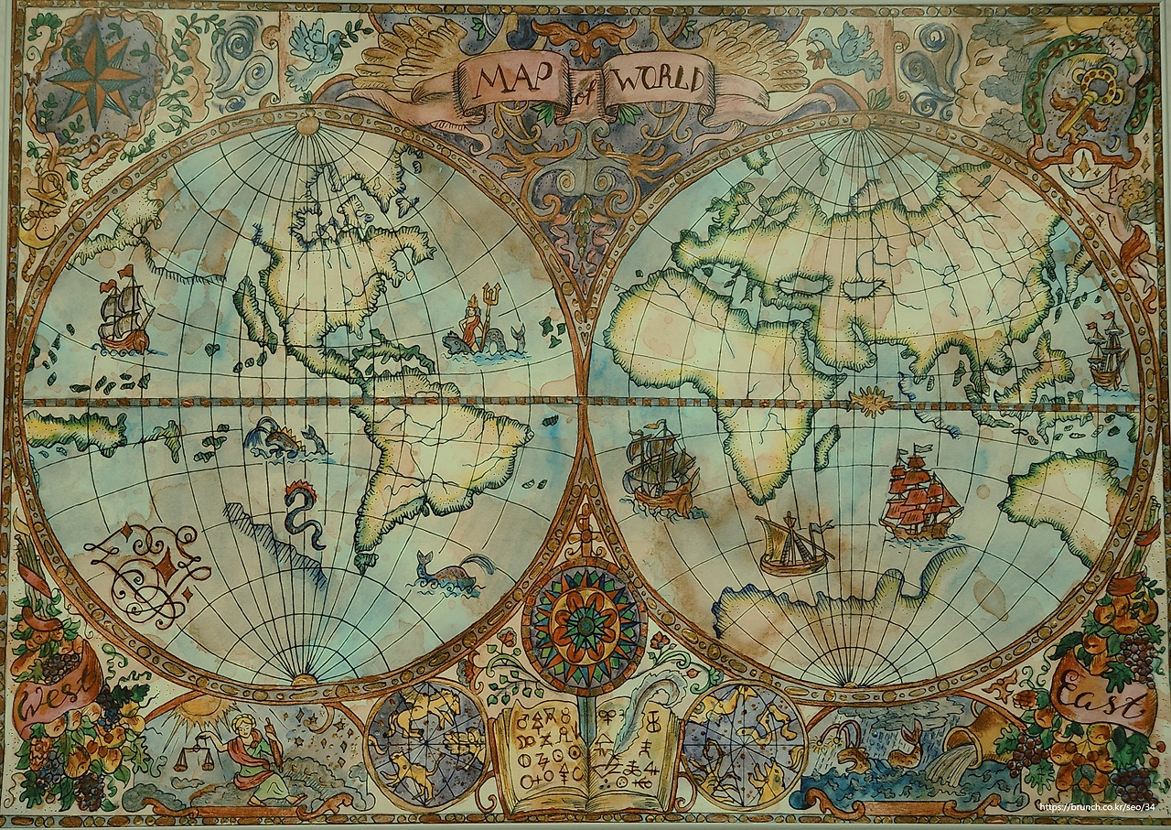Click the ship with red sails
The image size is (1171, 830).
pos(919,499)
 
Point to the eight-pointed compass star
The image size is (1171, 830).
pos(88,76)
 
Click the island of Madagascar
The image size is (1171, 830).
pos(826,447)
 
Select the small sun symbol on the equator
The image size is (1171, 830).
pos(866,400)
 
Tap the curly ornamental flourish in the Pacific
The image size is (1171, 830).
pos(146,563)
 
